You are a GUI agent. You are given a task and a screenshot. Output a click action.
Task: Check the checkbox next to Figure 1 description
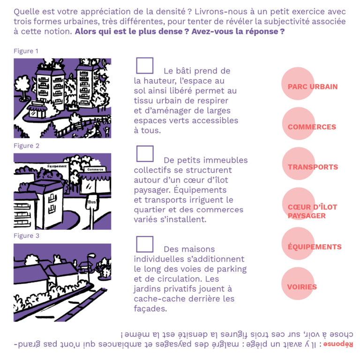pyautogui.click(x=145, y=66)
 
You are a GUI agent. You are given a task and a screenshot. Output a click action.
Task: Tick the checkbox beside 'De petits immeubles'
pyautogui.click(x=145, y=154)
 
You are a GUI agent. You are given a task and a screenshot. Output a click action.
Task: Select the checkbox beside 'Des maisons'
pyautogui.click(x=145, y=244)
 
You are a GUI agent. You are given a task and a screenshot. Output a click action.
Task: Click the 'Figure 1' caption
pyautogui.click(x=26, y=51)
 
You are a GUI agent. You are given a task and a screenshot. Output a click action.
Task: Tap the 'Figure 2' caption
pyautogui.click(x=26, y=146)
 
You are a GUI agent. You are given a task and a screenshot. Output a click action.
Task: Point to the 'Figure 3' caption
pyautogui.click(x=26, y=236)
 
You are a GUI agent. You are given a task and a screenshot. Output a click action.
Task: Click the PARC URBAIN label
pyautogui.click(x=313, y=87)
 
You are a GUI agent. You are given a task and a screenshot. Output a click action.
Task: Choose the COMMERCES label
pyautogui.click(x=312, y=127)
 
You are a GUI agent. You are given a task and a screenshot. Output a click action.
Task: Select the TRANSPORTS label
pyautogui.click(x=313, y=167)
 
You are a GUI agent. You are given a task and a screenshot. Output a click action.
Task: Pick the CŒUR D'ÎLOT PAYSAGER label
pyautogui.click(x=312, y=211)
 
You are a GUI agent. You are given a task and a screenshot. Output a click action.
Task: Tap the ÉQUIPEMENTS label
pyautogui.click(x=315, y=247)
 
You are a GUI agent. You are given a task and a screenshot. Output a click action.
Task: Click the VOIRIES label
pyautogui.click(x=302, y=287)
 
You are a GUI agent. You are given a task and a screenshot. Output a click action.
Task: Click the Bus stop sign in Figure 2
pyautogui.click(x=92, y=202)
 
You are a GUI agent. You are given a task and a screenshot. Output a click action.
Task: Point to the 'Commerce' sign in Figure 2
pyautogui.click(x=95, y=169)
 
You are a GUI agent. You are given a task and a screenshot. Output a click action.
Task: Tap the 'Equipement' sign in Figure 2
pyautogui.click(x=57, y=166)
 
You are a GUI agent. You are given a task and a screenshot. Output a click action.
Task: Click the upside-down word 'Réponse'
pyautogui.click(x=338, y=344)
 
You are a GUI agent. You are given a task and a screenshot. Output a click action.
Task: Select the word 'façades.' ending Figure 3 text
pyautogui.click(x=150, y=308)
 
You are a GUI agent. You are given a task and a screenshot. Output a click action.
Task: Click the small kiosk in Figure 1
pyautogui.click(x=37, y=110)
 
